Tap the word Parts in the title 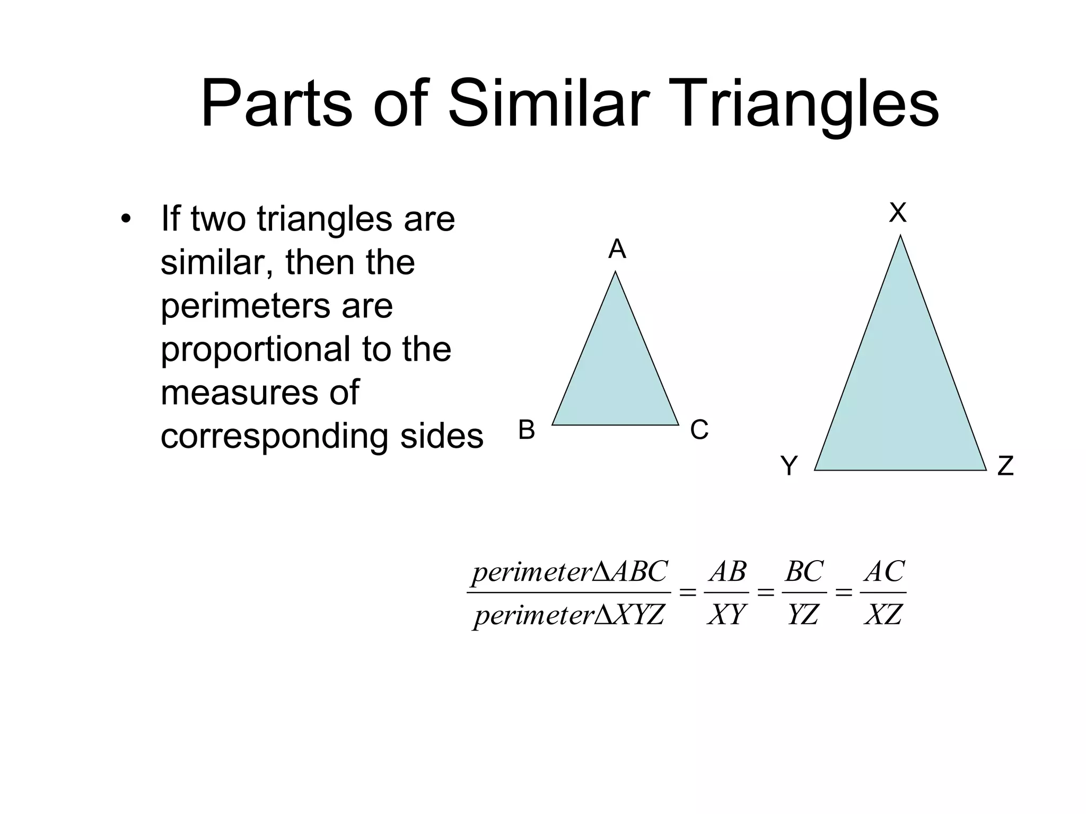[276, 103]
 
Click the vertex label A [617, 249]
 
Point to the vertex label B [526, 430]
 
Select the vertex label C [699, 430]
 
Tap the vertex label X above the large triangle [898, 213]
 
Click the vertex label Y [789, 466]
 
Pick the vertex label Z [1005, 466]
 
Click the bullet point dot [125, 219]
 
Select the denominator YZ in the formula [803, 615]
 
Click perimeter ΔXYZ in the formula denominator [569, 615]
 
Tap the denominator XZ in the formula [883, 615]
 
